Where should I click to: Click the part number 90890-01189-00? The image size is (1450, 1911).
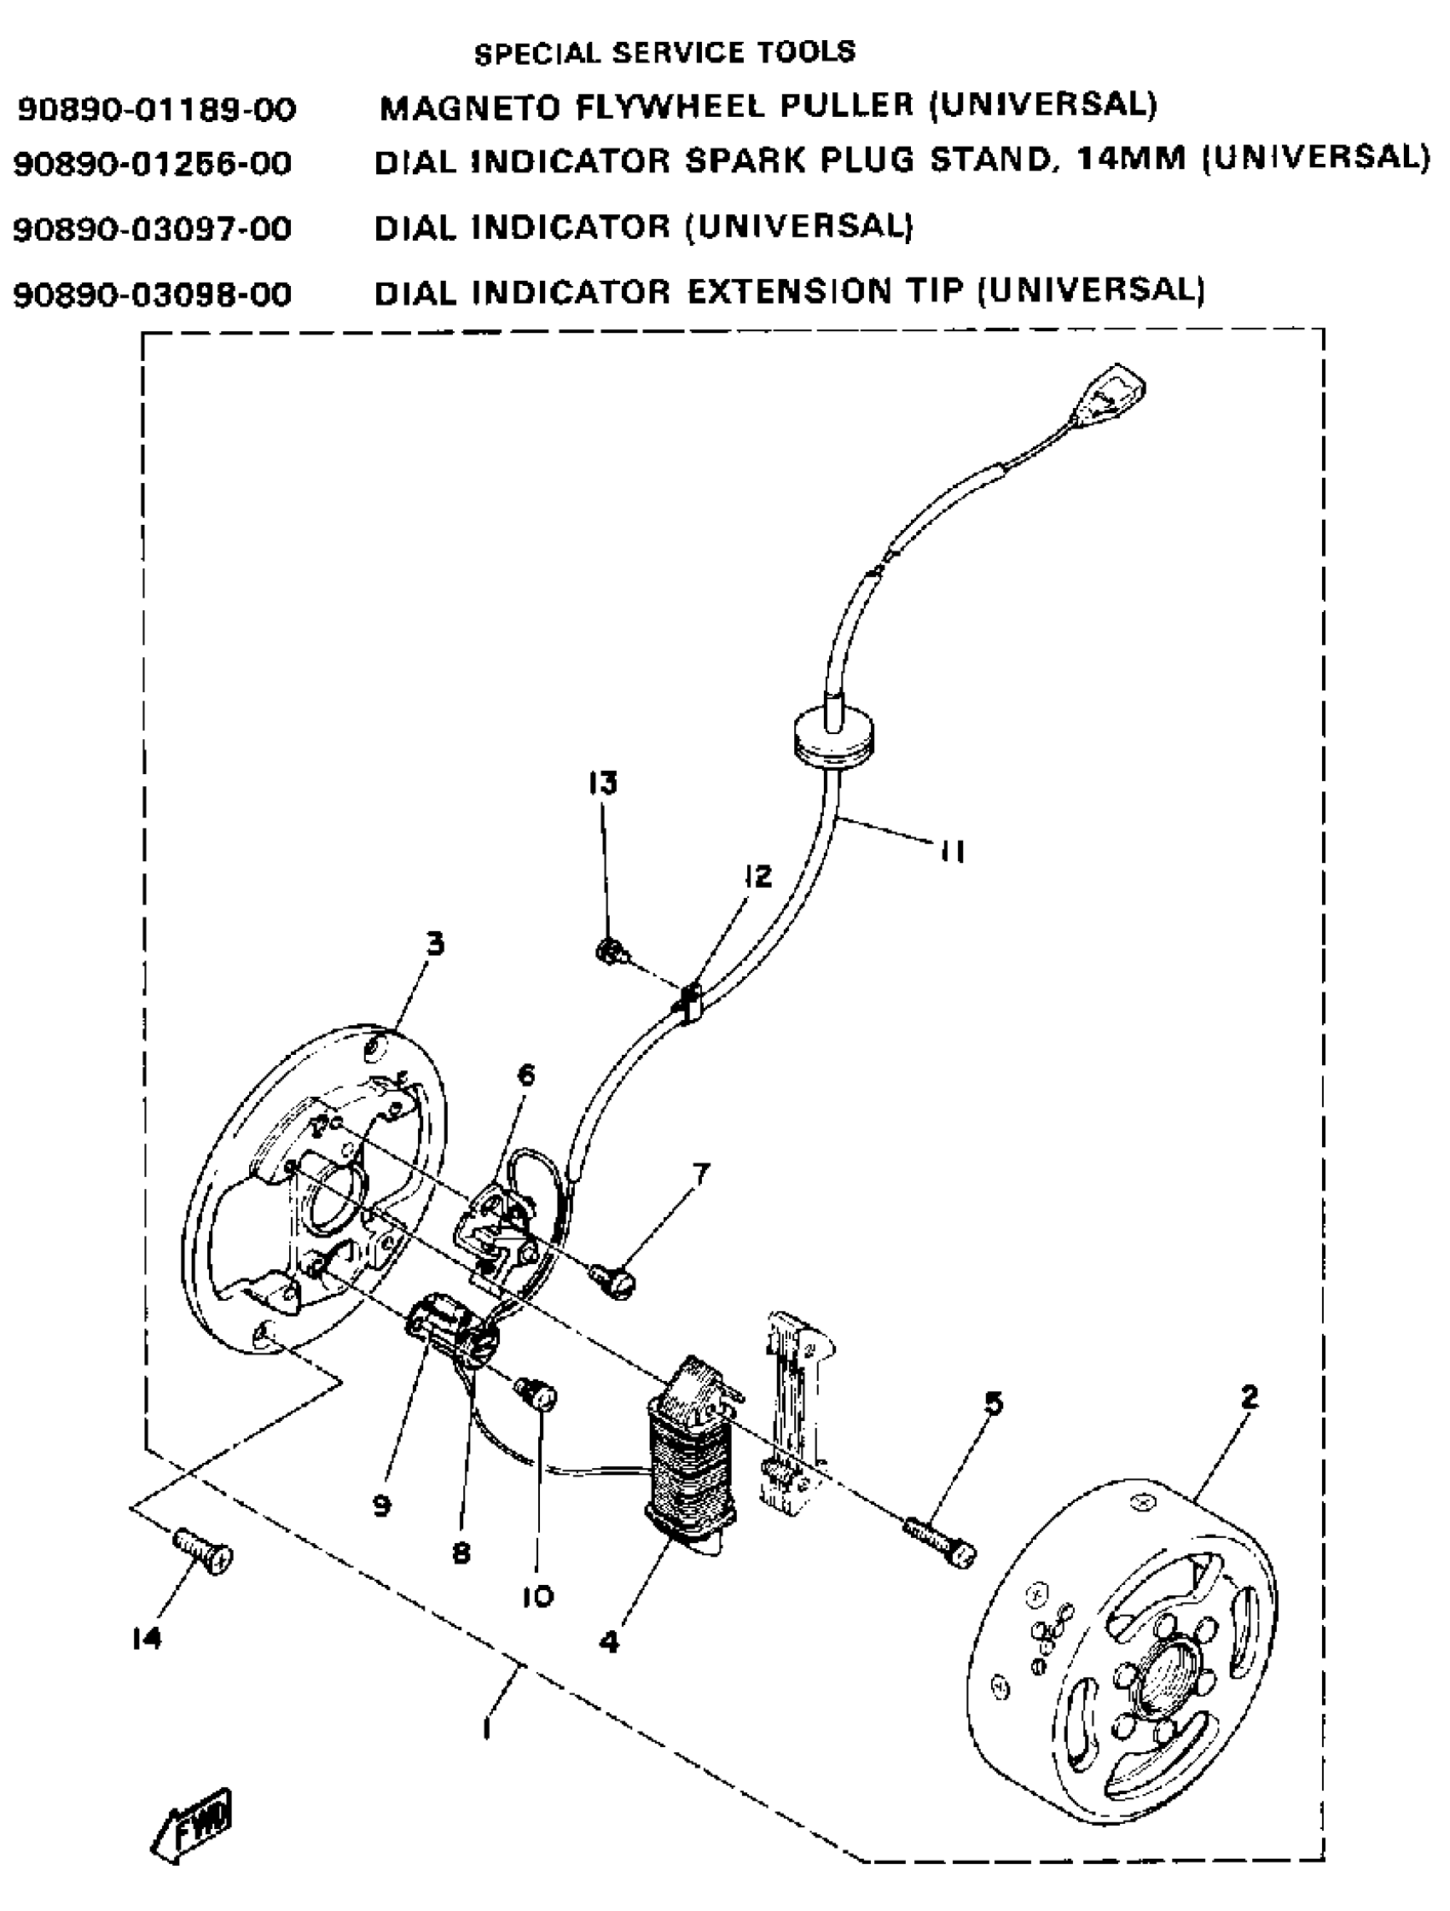point(156,110)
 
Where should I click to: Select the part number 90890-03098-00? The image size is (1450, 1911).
point(153,295)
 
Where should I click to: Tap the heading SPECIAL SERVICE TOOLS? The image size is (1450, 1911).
point(664,53)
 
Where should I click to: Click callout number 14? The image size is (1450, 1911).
point(148,1638)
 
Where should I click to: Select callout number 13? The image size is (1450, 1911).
point(603,784)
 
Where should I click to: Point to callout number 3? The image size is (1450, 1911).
point(435,944)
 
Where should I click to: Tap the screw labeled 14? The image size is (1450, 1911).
point(204,1552)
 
